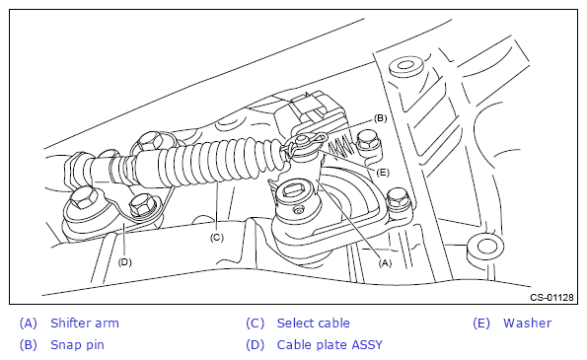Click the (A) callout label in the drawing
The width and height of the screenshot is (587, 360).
pyautogui.click(x=385, y=263)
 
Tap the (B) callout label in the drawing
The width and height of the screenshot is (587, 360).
pyautogui.click(x=381, y=118)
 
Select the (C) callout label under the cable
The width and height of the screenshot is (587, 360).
pyautogui.click(x=216, y=238)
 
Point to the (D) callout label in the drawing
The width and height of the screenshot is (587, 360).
pyautogui.click(x=124, y=262)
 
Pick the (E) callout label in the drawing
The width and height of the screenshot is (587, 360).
pyautogui.click(x=382, y=173)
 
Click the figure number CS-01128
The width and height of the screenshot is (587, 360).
pyautogui.click(x=551, y=297)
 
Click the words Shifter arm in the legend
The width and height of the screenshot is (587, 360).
pyautogui.click(x=85, y=323)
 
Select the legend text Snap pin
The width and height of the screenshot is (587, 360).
pyautogui.click(x=77, y=344)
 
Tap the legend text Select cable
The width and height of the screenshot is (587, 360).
pyautogui.click(x=314, y=323)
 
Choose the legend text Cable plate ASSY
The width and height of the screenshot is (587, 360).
pyautogui.click(x=330, y=344)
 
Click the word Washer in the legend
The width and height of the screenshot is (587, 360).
pyautogui.click(x=527, y=323)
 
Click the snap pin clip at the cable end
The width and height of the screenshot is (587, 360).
pyautogui.click(x=305, y=143)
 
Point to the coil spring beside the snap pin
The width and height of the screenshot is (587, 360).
pyautogui.click(x=340, y=147)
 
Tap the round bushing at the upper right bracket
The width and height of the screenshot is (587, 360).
pyautogui.click(x=405, y=67)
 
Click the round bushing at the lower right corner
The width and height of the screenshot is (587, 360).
pyautogui.click(x=485, y=249)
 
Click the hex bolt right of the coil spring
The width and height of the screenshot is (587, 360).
pyautogui.click(x=367, y=141)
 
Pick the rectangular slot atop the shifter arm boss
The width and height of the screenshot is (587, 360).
pyautogui.click(x=295, y=190)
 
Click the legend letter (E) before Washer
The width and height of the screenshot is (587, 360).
pyautogui.click(x=481, y=323)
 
